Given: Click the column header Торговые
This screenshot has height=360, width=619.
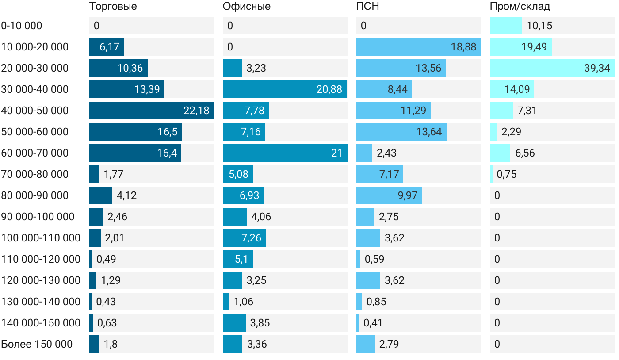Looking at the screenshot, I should tap(113, 7).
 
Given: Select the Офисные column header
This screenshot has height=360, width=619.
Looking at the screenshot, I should tap(247, 7).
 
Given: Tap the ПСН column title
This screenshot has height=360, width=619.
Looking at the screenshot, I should tap(368, 7).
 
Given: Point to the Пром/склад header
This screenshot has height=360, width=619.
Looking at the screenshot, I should tap(520, 7).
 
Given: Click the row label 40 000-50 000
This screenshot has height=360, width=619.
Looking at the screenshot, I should tap(35, 111).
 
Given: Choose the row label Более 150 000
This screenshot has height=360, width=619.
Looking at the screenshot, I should tap(37, 344).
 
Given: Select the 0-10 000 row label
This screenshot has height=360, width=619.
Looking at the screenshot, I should tap(22, 26).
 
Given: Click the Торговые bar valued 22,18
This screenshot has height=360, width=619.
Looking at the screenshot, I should tap(152, 111).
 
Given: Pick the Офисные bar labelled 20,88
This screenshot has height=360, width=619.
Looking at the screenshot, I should tap(285, 89).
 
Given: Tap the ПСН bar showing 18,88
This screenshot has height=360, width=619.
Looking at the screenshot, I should tap(419, 47).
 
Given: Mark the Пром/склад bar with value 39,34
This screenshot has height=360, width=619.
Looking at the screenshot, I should tap(552, 68).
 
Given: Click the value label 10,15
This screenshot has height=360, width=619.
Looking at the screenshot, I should tap(539, 26).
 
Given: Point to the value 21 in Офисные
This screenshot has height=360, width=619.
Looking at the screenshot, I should tap(336, 153).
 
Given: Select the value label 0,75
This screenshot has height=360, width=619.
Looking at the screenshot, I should tap(506, 174).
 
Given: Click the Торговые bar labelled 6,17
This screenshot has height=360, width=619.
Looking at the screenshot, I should tap(107, 47).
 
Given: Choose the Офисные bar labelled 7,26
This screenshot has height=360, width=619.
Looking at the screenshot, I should tap(245, 238).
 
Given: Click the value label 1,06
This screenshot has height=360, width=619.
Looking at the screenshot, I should tap(244, 302).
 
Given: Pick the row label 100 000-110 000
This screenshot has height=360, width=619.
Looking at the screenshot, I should tap(41, 238).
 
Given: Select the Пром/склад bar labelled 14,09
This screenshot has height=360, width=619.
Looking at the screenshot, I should tap(512, 89).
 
